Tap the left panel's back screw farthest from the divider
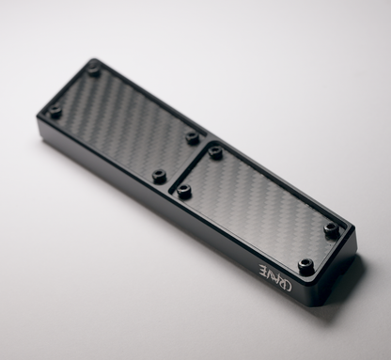click(x=93, y=70)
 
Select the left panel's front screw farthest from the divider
click(x=55, y=112)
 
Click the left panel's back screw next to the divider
click(x=193, y=137)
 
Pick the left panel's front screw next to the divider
click(x=159, y=176)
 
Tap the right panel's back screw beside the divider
click(x=215, y=151)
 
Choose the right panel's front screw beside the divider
click(x=183, y=191)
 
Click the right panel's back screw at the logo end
click(x=332, y=228)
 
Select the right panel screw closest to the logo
click(x=305, y=265)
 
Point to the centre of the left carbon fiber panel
click(x=124, y=123)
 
